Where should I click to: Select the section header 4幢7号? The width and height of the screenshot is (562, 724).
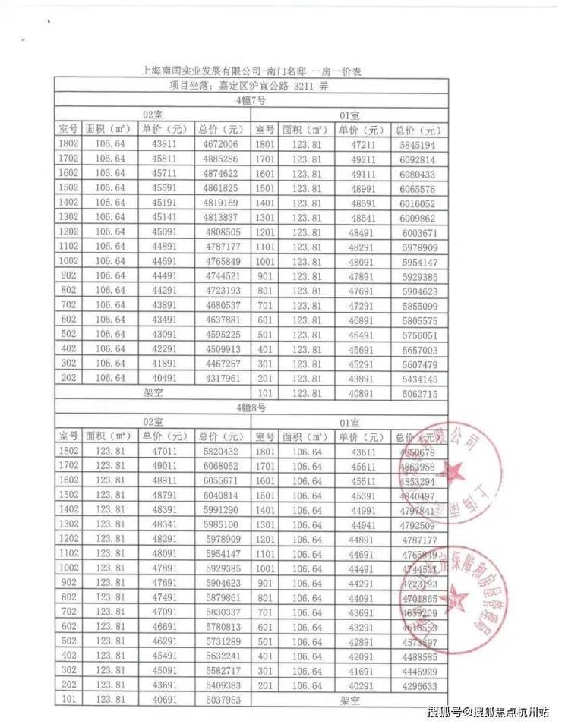[x=250, y=100]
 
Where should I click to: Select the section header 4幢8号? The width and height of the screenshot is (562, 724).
[x=250, y=408]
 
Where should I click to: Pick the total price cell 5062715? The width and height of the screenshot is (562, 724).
[x=419, y=393]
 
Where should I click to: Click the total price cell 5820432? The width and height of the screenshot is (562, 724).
[x=221, y=451]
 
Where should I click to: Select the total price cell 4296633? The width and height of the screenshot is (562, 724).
[x=418, y=686]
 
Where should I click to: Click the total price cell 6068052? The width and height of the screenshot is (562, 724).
[x=221, y=465]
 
